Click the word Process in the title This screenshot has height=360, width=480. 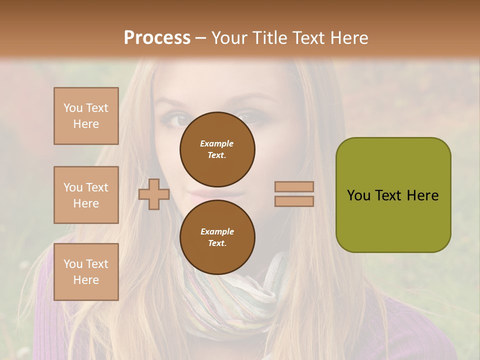coord(157,38)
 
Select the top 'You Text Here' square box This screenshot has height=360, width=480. coord(86,116)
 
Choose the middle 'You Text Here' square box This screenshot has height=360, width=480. coord(86,195)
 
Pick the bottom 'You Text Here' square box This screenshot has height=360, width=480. coord(86,272)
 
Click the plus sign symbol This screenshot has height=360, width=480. coord(154,194)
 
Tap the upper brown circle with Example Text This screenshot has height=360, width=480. coord(217,149)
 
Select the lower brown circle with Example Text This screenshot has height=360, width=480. coord(217,237)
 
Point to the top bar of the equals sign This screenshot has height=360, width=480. coord(294,187)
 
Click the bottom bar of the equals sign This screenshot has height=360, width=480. coord(294,201)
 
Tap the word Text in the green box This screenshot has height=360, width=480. coord(388,195)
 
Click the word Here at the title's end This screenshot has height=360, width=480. coord(349,38)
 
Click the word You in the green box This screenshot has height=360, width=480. coord(358,195)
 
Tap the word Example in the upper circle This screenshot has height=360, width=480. coord(217,143)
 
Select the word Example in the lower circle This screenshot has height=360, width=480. coord(217,231)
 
